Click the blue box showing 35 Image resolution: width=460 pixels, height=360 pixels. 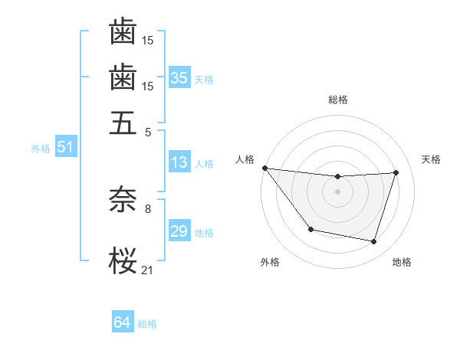click(179, 77)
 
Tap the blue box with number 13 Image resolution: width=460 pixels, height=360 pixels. click(179, 162)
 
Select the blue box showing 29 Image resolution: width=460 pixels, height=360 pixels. click(179, 231)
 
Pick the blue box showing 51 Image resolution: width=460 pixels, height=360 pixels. click(65, 148)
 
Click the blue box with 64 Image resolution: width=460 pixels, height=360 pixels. click(123, 322)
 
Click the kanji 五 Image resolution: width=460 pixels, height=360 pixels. click(123, 123)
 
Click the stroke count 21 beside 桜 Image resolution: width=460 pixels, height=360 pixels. click(147, 269)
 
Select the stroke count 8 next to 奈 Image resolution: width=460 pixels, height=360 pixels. click(147, 207)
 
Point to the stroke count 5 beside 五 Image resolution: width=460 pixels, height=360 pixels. click(147, 131)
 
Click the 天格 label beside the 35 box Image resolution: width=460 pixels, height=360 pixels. click(204, 79)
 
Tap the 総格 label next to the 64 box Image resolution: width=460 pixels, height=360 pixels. click(147, 324)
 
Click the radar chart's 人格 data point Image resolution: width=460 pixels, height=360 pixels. click(264, 168)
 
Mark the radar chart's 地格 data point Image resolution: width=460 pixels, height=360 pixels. click(374, 242)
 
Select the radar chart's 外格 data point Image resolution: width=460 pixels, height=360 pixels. click(310, 229)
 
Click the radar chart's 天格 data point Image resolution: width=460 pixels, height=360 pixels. click(396, 172)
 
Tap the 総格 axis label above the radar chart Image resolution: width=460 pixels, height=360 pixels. click(337, 100)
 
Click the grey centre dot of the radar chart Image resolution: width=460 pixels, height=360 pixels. click(337, 191)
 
